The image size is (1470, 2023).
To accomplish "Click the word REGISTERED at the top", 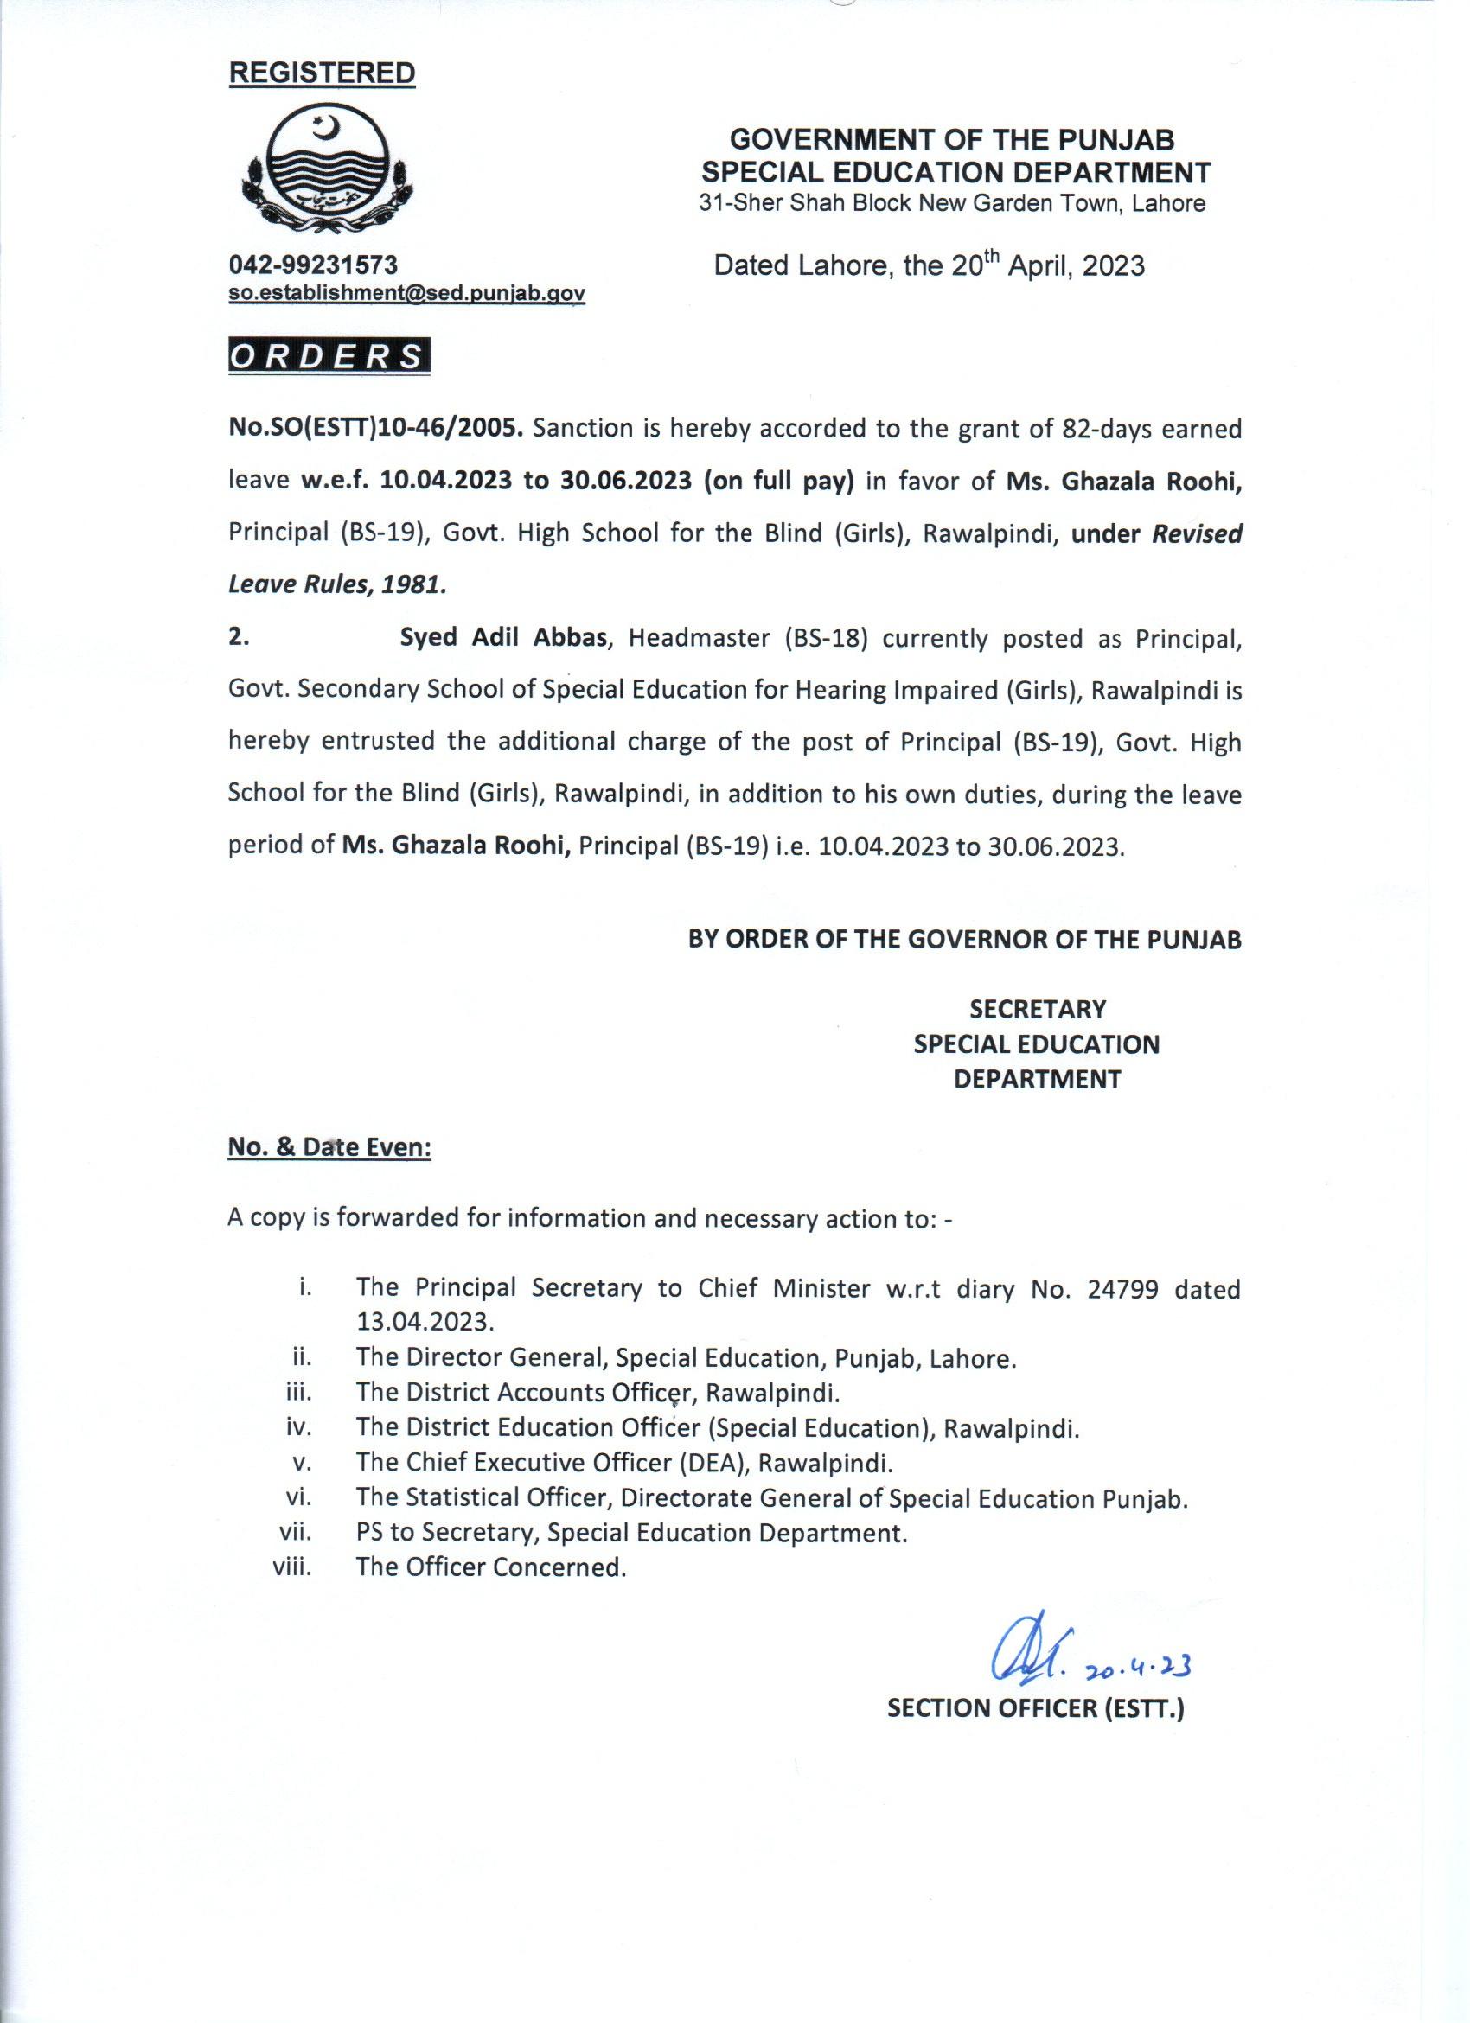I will (x=322, y=73).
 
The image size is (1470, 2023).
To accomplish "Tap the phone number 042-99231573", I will (x=313, y=264).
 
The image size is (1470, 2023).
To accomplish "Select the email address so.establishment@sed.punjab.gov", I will (x=406, y=293).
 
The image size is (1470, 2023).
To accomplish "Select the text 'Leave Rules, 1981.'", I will (x=337, y=585).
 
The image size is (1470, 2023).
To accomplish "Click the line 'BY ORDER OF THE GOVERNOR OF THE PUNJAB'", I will (x=964, y=939).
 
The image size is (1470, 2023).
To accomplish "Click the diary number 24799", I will (x=1123, y=1289).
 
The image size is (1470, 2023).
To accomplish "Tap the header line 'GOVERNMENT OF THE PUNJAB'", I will (x=952, y=140).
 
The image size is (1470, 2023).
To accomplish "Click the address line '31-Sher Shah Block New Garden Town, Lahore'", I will (x=952, y=203).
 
